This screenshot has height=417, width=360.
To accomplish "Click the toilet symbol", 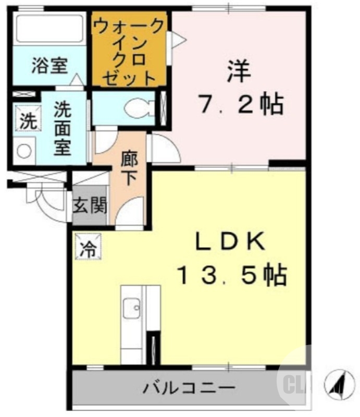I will click(138, 108).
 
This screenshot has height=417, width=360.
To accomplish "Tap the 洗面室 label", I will click(63, 128).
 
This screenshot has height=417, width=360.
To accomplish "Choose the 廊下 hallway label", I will click(129, 168).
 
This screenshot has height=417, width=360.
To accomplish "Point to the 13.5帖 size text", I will click(231, 275).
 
